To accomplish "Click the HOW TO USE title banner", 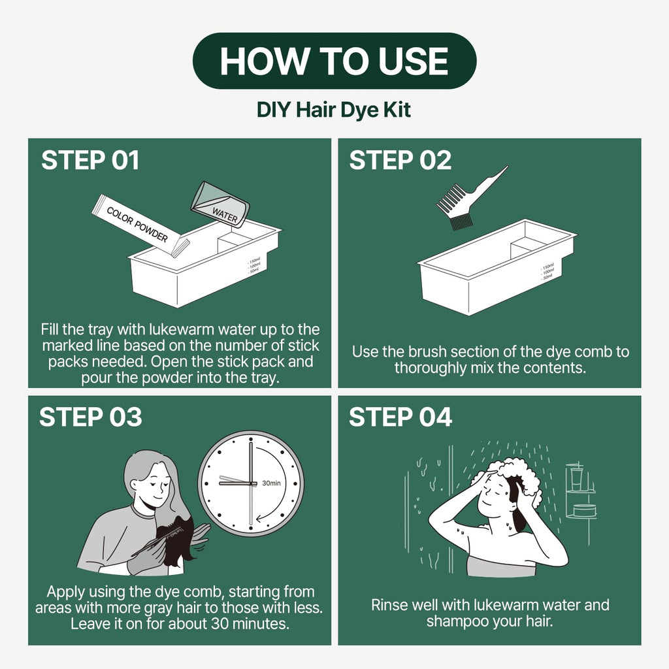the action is point(334,61).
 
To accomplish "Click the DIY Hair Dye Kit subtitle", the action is point(334,110).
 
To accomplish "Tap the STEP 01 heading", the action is point(90,161).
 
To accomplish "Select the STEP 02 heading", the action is point(400,161).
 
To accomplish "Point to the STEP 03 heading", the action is point(90,417).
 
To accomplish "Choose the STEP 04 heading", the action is point(400,417).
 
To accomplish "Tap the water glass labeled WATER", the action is point(220,204).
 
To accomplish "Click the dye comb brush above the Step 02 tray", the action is point(469,199).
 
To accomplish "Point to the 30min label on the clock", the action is point(271,483).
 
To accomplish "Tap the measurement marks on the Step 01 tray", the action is point(254,265).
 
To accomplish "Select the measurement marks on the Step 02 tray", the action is point(547,272).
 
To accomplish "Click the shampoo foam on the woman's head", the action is point(518,478).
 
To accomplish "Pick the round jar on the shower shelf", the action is point(584,510).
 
